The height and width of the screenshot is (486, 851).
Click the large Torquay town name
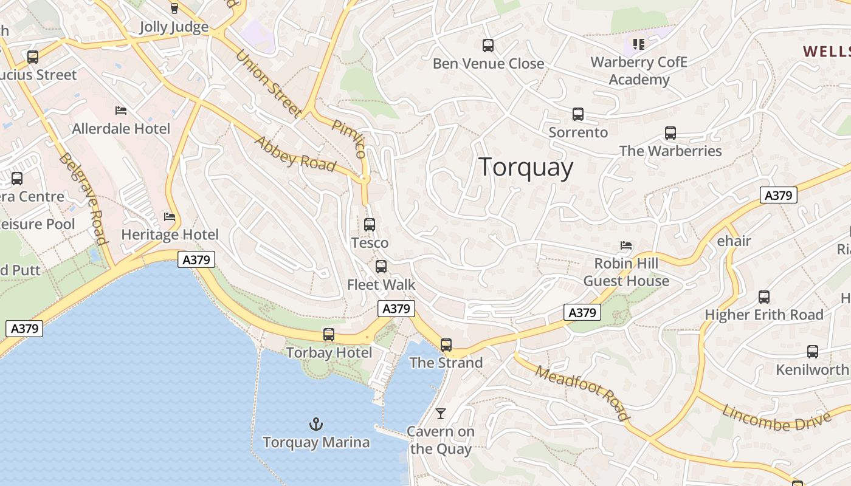(x=526, y=168)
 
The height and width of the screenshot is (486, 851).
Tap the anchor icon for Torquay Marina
(x=315, y=423)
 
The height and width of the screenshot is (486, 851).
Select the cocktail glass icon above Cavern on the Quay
(x=441, y=414)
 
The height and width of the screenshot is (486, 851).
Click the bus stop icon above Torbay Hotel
(x=329, y=334)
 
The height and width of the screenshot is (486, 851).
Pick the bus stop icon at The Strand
(x=446, y=344)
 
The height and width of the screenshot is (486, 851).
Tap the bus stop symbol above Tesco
(x=370, y=224)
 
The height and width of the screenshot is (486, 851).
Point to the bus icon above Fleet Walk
(x=381, y=266)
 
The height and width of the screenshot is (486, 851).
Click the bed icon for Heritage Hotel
(x=170, y=216)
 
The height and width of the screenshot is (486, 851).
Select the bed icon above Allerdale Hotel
(x=121, y=110)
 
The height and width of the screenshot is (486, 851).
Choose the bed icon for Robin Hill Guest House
(x=626, y=245)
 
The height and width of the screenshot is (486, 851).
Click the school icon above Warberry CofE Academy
(x=638, y=44)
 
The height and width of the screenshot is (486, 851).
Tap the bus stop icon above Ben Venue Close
(x=488, y=45)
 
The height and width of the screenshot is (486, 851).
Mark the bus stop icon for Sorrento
(x=578, y=114)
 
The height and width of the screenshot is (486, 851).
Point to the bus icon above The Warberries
(x=670, y=132)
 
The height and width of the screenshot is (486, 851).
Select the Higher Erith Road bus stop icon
(x=764, y=296)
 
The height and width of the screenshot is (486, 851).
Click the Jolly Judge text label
(x=174, y=27)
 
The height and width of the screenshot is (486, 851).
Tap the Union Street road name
(x=268, y=83)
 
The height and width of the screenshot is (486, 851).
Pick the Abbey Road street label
(x=295, y=154)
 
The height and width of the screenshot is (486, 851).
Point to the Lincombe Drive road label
(x=776, y=419)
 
